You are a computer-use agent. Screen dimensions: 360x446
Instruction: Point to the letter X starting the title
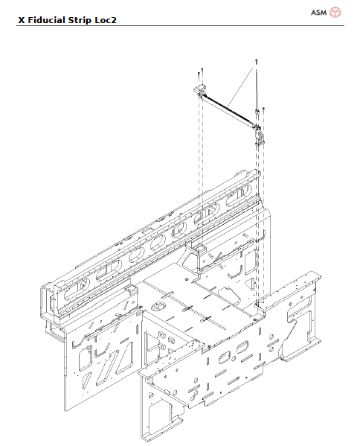coord(21,21)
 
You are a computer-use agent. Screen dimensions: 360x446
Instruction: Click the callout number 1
coord(256,60)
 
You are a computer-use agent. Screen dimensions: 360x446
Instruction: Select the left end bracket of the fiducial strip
coord(199,90)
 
